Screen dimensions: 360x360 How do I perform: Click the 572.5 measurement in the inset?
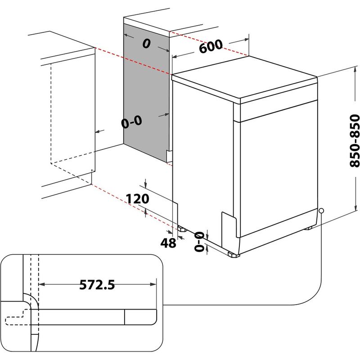tap(97, 284)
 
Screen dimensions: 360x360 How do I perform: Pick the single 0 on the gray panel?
tap(146, 44)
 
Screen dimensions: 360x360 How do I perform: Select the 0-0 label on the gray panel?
tap(131, 121)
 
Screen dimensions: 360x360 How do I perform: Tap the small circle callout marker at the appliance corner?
tap(321, 211)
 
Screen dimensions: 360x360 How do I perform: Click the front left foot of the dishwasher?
tap(234, 255)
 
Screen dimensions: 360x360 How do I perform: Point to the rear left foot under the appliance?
tap(181, 228)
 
